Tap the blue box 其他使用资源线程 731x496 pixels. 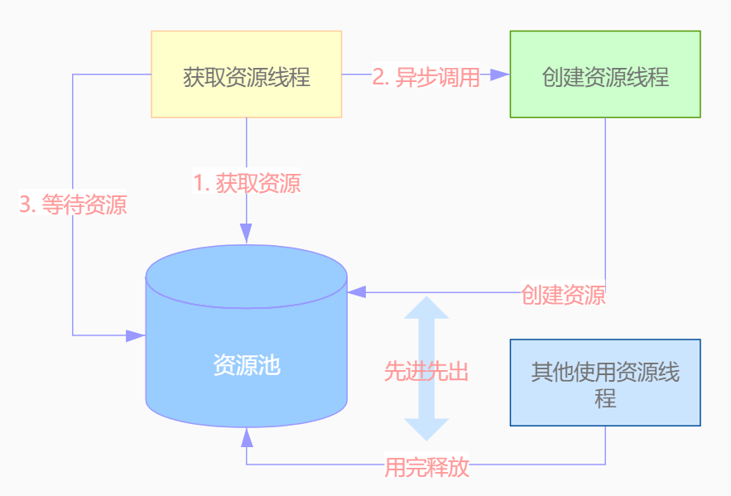[605, 383]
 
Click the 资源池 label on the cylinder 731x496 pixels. [247, 365]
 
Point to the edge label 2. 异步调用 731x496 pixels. [426, 76]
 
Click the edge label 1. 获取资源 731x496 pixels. [247, 183]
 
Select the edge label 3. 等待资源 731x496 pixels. [73, 205]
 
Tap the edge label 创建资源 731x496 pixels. [563, 295]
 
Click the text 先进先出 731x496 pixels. [426, 372]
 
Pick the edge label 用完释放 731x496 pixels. [426, 467]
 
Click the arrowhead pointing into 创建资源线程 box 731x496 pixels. [500, 75]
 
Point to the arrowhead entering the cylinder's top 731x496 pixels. [247, 234]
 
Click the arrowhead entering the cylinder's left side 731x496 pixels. [136, 335]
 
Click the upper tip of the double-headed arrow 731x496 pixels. [426, 300]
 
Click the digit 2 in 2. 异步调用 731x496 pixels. [379, 76]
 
